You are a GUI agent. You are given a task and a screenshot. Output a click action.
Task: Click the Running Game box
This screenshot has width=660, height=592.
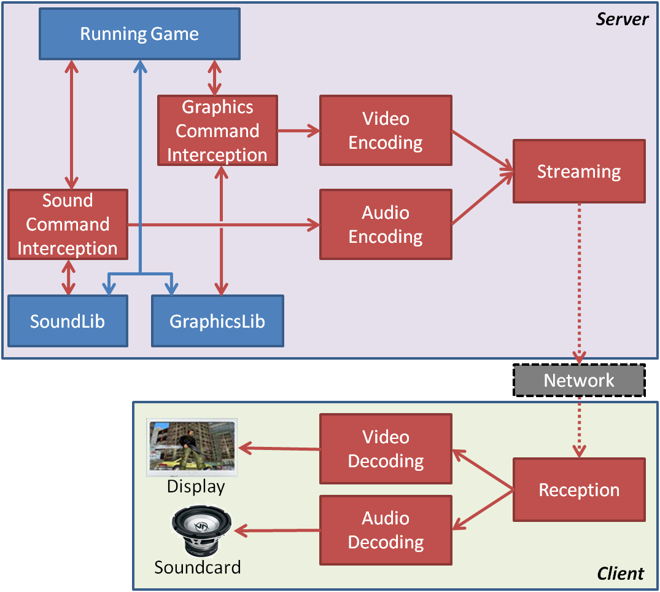point(139,34)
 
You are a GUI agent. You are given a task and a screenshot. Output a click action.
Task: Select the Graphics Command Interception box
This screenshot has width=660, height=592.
point(217,131)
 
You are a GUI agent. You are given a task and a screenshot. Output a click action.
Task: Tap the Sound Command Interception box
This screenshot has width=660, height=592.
point(68,224)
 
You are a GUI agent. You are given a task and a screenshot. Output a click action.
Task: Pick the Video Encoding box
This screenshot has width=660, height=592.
point(386,130)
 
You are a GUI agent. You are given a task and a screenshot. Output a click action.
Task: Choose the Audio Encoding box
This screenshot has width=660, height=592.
point(386,224)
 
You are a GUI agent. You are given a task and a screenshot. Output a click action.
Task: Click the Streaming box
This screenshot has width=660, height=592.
point(579,172)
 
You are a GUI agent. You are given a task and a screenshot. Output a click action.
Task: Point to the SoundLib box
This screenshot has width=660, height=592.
point(68,321)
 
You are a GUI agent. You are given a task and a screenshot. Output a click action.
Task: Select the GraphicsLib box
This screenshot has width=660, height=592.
point(217,321)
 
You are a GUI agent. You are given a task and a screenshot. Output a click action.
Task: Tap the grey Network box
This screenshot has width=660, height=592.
point(579,381)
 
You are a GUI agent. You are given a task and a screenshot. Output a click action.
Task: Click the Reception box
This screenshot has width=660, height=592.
point(579,490)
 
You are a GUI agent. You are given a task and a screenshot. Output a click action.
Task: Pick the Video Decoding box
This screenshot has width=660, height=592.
point(386,449)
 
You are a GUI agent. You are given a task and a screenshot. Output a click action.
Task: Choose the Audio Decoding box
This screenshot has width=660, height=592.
point(386,530)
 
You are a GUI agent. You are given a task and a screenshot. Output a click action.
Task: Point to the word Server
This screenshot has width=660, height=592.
point(622,19)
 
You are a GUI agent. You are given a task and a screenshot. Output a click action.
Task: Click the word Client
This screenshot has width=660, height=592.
point(621,574)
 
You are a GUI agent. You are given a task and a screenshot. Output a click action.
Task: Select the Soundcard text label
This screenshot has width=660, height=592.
point(197,567)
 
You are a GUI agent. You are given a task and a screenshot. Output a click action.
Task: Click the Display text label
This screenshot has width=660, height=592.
point(196,487)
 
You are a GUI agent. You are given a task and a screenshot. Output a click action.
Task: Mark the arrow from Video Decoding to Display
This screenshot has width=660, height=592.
point(279,449)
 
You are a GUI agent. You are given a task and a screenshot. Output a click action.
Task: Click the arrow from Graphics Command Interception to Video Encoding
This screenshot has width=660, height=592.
point(298,130)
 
